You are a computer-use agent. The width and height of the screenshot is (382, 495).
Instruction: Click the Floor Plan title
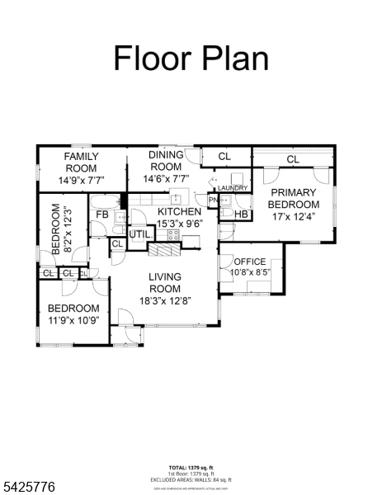(191, 59)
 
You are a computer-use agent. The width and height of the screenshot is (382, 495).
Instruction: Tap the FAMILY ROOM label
(82, 163)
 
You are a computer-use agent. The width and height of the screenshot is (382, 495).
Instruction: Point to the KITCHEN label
(179, 212)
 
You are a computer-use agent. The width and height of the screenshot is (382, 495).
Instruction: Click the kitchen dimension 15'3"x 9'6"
(179, 223)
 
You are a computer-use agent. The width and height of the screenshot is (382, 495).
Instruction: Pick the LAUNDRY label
(232, 188)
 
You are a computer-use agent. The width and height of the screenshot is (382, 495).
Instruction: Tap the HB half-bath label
(242, 214)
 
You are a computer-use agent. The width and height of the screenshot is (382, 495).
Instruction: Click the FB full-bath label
(103, 215)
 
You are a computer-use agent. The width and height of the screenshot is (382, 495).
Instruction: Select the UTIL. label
(139, 234)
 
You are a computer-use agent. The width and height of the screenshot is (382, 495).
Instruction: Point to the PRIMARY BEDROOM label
(293, 199)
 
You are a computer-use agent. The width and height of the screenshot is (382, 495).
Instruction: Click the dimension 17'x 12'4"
(293, 216)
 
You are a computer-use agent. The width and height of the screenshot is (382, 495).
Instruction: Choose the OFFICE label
(249, 262)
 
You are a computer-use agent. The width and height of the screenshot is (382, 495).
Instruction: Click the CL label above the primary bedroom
(292, 159)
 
